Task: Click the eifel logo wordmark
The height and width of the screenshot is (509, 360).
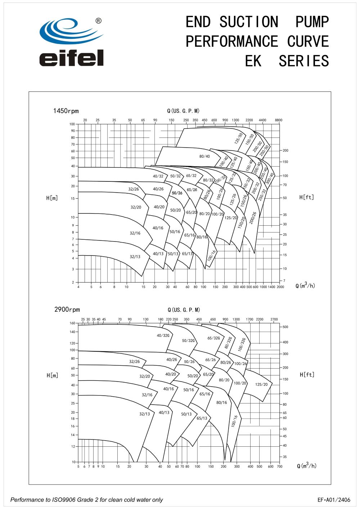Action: click(71, 58)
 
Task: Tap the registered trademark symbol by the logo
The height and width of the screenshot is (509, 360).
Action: click(98, 21)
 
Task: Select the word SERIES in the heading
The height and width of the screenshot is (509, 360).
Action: click(304, 61)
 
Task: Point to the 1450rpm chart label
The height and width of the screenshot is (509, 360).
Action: click(66, 111)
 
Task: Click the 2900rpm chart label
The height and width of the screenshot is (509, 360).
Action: click(67, 310)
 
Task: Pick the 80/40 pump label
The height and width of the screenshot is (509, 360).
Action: click(204, 156)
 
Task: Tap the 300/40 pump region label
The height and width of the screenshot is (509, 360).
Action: click(270, 179)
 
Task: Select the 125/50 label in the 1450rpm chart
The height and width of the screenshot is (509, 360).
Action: click(239, 139)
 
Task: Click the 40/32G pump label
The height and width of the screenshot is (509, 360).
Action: click(163, 335)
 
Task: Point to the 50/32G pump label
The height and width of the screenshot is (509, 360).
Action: click(188, 341)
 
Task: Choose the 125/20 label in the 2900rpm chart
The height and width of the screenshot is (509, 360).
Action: click(261, 384)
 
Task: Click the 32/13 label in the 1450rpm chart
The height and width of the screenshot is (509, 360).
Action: click(135, 257)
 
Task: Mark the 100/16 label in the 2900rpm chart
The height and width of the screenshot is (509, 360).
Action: click(235, 421)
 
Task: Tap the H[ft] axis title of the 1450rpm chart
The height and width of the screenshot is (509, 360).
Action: click(307, 197)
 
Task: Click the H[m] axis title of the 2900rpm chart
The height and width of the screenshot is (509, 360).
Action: click(52, 375)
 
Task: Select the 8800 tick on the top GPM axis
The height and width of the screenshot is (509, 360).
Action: click(279, 120)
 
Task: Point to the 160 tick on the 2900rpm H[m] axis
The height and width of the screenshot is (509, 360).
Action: click(72, 323)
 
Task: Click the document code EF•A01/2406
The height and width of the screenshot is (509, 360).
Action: click(334, 500)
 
